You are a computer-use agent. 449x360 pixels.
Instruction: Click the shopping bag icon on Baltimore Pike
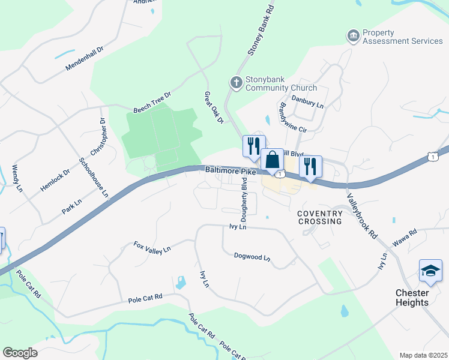[272, 160]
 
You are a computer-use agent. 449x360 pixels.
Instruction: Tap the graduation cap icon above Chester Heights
[430, 271]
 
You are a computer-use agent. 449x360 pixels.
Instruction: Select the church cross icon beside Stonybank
[237, 82]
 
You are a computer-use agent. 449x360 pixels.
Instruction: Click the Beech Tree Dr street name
[152, 103]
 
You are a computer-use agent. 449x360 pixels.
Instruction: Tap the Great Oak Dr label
[214, 108]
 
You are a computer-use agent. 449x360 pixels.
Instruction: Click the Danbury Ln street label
[307, 104]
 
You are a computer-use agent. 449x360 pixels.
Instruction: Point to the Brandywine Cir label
[293, 119]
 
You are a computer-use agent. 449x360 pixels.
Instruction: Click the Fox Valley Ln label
[152, 247]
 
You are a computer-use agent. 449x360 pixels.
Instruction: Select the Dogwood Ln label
[252, 257]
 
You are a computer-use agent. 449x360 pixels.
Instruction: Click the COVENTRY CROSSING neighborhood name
[320, 217]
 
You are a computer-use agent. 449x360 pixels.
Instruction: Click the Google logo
[20, 353]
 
